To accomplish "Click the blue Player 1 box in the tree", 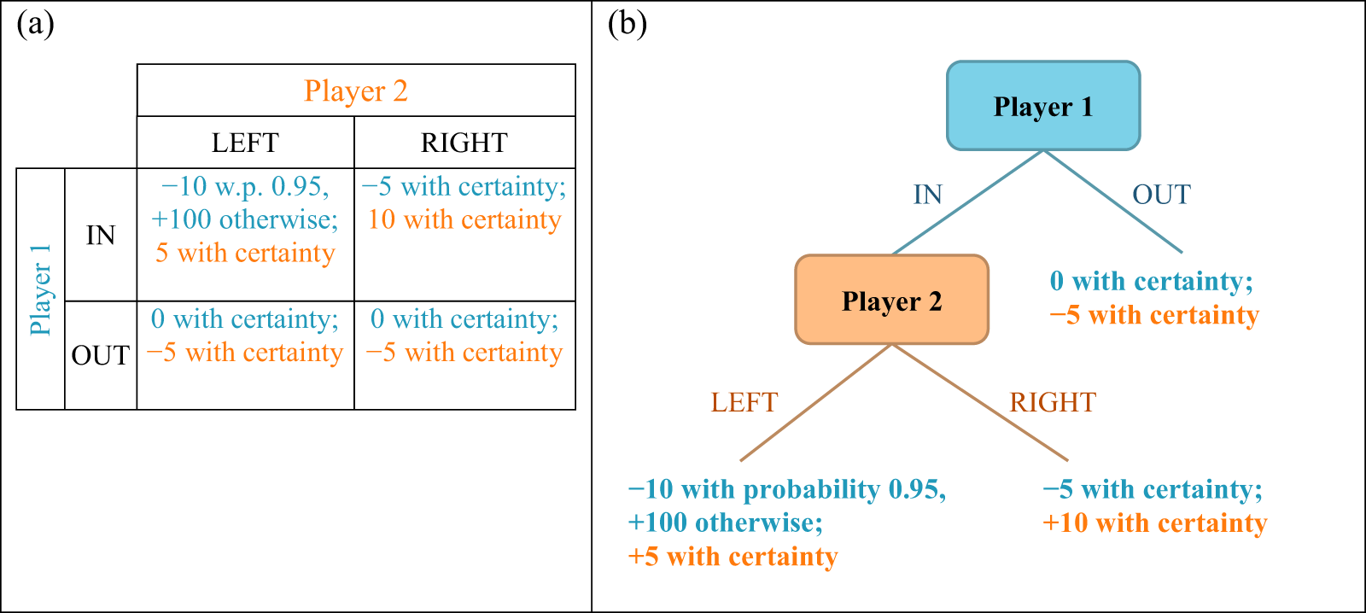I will point(1043,107).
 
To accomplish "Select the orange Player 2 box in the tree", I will point(891,301).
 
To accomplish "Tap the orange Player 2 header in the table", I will point(356,90).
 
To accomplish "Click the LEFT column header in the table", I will point(245,143).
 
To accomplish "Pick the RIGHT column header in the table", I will point(464,143).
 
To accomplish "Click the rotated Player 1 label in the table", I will point(40,289).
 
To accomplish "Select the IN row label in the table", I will point(101,236).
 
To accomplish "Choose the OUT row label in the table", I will point(101,355).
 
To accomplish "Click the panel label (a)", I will point(35,24).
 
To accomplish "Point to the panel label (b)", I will point(627,24).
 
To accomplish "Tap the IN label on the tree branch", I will point(928,195).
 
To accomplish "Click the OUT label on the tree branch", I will point(1161,195).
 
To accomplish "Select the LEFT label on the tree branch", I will point(744,402).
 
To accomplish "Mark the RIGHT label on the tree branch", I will point(1053,402).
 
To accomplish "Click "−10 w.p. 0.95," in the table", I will point(245,186).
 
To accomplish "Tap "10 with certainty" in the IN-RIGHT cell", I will point(464,219).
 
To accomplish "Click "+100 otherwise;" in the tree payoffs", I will point(725,523).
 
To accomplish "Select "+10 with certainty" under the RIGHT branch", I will point(1154,523).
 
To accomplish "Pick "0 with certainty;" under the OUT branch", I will point(1151,281).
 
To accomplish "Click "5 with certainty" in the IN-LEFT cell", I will point(245,253).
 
